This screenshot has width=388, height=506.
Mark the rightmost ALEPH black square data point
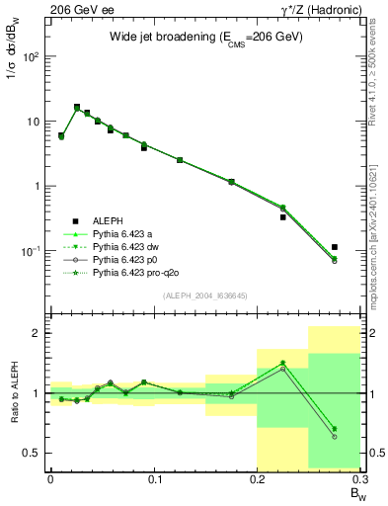click(335, 247)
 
